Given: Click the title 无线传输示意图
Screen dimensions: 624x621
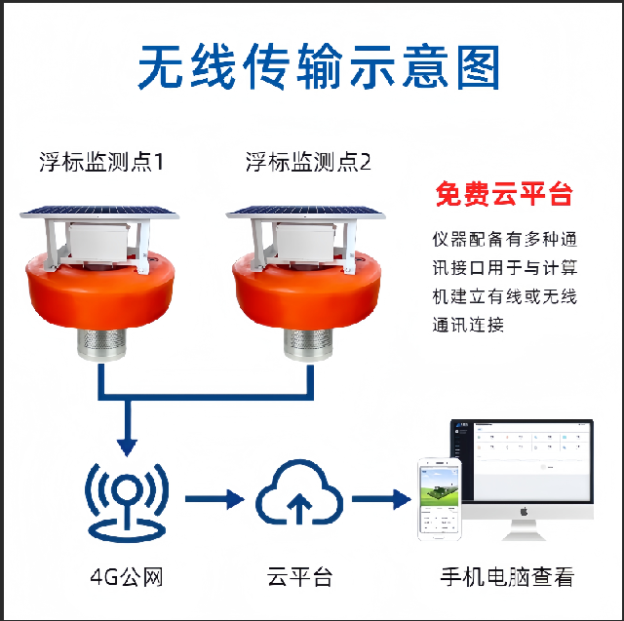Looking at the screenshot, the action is click(x=319, y=66).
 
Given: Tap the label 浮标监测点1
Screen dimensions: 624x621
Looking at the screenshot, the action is click(x=101, y=162).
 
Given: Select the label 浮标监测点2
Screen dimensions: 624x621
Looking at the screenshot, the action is click(x=308, y=162).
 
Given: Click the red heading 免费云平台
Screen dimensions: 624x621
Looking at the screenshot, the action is click(x=504, y=194).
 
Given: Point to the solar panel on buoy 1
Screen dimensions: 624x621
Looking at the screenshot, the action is click(x=99, y=212).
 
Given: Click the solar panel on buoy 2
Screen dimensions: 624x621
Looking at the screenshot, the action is click(x=305, y=212).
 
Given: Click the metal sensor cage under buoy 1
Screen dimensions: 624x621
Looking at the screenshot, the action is click(x=101, y=344).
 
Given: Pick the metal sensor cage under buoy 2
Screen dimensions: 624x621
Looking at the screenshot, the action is click(x=308, y=344).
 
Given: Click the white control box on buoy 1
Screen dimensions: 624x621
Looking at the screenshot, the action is click(x=99, y=242).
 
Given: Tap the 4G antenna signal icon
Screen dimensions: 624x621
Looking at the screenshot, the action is click(x=127, y=502).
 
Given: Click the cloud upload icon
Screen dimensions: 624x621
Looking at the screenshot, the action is click(x=299, y=492).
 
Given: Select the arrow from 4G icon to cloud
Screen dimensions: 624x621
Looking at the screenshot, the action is click(x=214, y=499).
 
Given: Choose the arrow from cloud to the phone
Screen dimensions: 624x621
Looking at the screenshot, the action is click(x=381, y=499).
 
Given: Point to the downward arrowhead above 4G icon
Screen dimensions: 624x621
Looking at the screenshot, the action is click(x=128, y=447).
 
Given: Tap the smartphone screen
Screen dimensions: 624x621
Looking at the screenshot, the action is click(x=440, y=500).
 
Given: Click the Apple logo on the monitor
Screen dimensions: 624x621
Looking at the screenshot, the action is click(x=524, y=511).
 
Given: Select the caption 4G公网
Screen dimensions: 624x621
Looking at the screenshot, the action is click(x=127, y=577).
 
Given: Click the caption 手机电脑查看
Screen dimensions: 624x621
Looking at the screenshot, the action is click(x=507, y=577).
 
